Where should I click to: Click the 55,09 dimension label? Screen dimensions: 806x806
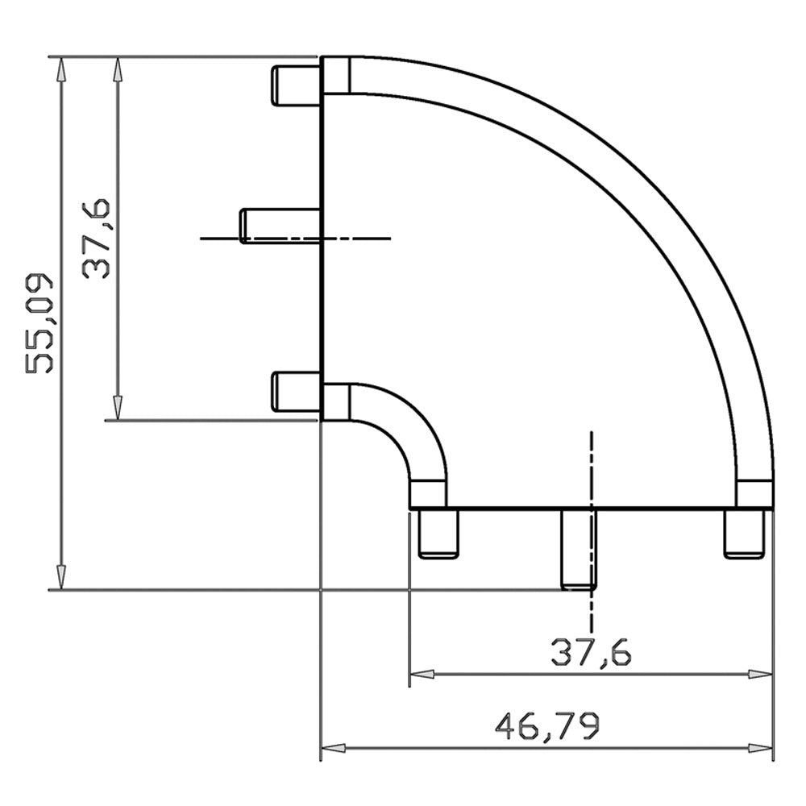pos(39,323)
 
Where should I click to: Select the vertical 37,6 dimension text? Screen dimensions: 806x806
pos(96,239)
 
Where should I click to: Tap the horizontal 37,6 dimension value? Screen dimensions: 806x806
pos(591,653)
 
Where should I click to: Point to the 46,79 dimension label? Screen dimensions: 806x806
pos(547,725)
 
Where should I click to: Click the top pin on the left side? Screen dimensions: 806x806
pos(296,85)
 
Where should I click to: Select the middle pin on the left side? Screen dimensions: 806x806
pos(280,225)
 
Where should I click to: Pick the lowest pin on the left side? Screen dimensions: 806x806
pos(296,392)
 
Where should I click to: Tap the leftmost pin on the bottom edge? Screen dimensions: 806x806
pos(438,534)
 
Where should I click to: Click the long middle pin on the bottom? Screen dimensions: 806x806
pos(579,549)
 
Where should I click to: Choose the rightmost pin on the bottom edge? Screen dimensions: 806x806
pos(744,534)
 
